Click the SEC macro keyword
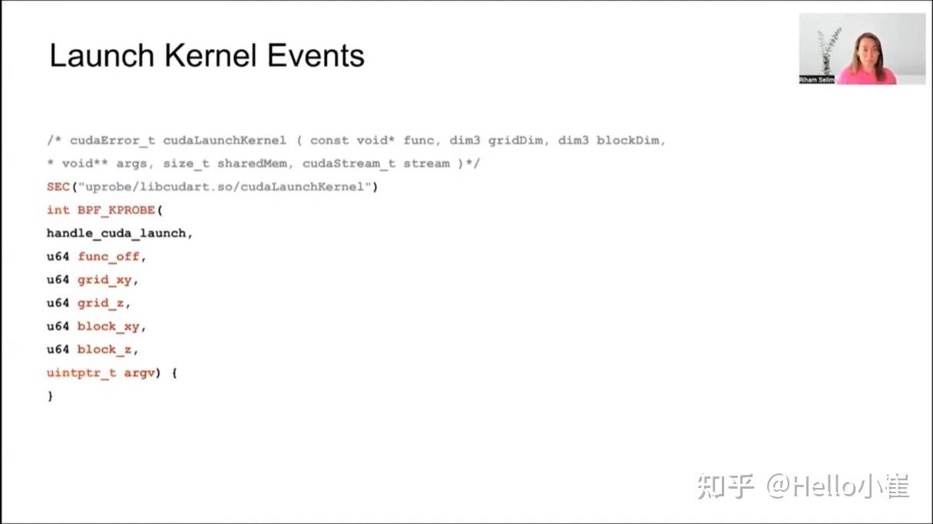pos(58,187)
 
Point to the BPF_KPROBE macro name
pos(116,210)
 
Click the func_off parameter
pos(108,256)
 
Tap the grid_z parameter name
pos(101,303)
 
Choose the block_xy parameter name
pos(108,326)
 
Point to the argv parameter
pos(139,373)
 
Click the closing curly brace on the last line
pos(50,396)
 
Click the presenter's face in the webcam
pos(865,48)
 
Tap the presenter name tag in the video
pos(816,80)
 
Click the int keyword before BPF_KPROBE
pos(58,210)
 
